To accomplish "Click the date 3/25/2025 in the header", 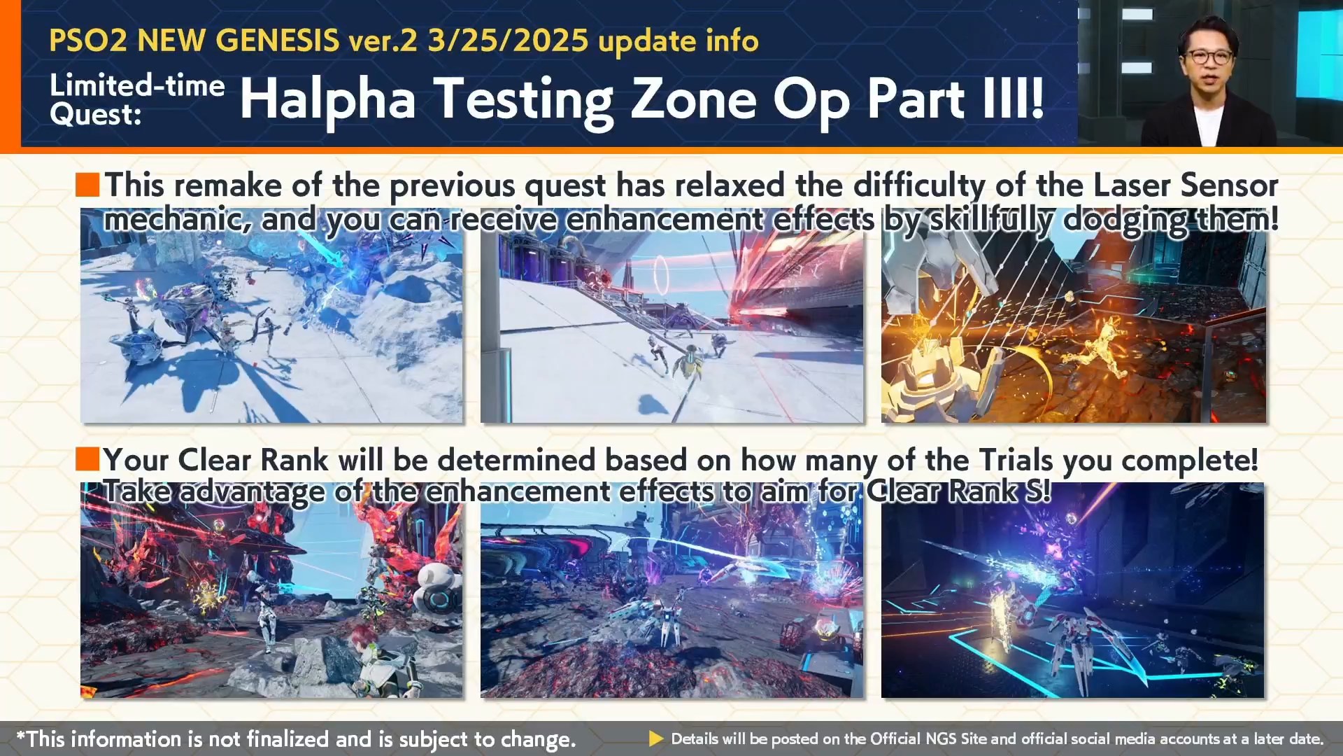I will [508, 41].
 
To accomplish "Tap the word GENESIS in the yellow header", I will [277, 41].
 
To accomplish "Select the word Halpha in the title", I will [328, 100].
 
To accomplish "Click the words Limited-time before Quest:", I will [137, 85].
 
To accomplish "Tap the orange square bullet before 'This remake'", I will [87, 185].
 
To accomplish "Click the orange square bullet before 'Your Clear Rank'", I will [87, 460].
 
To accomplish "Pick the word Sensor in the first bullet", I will [1230, 186].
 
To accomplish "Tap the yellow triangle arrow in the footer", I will [656, 738].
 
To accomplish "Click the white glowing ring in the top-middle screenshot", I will [660, 274].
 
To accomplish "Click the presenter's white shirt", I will [1208, 126].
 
